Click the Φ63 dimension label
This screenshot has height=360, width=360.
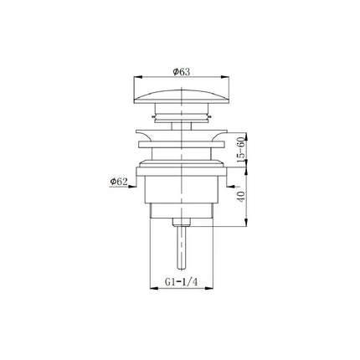[x=182, y=72]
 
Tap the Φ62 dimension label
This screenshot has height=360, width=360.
[x=119, y=182]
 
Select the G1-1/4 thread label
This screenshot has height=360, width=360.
[x=181, y=282]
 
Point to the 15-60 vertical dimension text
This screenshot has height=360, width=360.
[x=241, y=149]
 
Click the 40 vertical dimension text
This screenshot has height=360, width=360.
[x=241, y=196]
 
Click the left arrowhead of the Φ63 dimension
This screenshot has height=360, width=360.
[x=138, y=76]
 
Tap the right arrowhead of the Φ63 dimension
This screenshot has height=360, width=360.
[x=225, y=76]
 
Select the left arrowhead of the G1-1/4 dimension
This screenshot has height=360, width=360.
[x=154, y=288]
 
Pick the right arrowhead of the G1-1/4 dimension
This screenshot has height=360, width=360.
[x=209, y=288]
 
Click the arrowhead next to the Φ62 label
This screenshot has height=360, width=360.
[x=132, y=187]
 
